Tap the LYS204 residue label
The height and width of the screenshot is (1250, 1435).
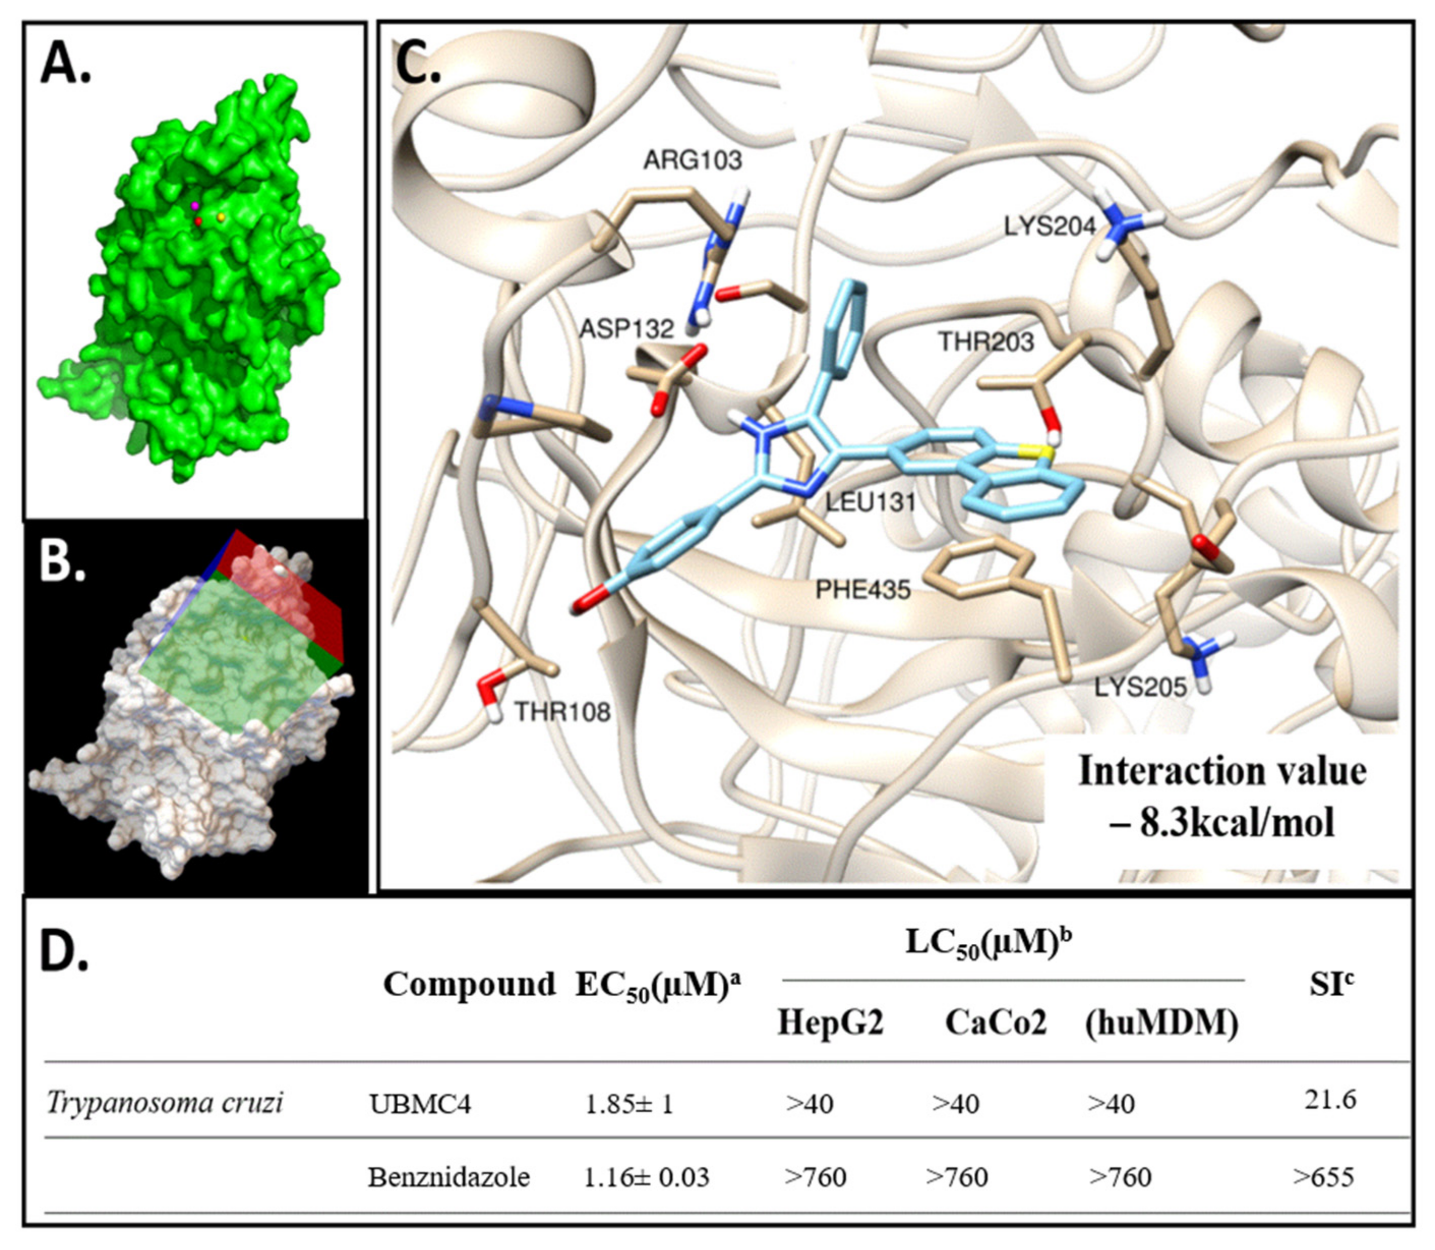[x=1050, y=226]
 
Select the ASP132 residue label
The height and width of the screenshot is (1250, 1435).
[x=627, y=329]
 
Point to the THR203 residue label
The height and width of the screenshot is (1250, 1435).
[x=985, y=342]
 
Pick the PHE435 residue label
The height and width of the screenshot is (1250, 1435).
[x=863, y=590]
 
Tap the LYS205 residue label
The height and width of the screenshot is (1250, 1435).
[x=1140, y=687]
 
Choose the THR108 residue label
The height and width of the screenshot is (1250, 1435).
[x=562, y=712]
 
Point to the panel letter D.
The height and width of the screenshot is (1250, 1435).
[x=64, y=954]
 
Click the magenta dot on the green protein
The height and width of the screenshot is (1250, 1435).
[x=196, y=206]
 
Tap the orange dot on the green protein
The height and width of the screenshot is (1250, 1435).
[x=221, y=218]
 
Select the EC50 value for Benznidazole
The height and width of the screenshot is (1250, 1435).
[x=646, y=1177]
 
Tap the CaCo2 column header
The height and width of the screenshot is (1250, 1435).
[x=996, y=1023]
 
